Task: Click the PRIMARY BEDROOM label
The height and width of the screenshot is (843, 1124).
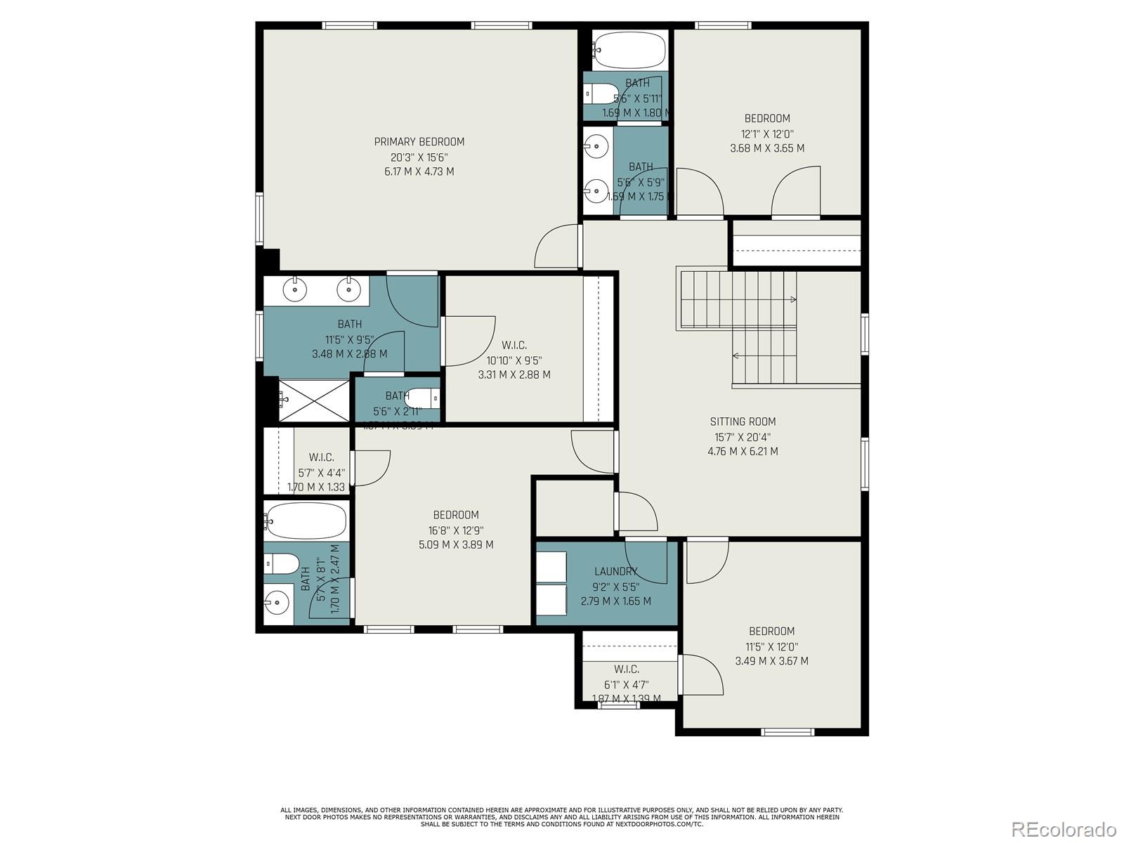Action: pos(419,142)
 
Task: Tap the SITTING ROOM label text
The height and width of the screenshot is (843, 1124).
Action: pos(743,421)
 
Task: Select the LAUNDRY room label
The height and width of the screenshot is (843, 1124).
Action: pos(615,571)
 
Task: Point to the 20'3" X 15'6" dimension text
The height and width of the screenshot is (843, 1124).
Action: pos(419,157)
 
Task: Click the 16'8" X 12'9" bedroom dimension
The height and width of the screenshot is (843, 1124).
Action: pos(455,530)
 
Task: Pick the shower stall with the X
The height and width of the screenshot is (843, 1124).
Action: pos(313,400)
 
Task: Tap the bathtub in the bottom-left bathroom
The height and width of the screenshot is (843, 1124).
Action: pos(306,521)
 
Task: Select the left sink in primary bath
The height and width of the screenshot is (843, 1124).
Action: pos(296,288)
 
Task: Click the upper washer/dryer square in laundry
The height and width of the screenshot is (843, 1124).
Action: pos(551,567)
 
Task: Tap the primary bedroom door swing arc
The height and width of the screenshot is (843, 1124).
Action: pos(556,247)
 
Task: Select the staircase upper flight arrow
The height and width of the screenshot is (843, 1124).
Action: pos(792,300)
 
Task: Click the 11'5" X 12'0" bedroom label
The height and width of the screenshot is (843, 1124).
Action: pos(771,632)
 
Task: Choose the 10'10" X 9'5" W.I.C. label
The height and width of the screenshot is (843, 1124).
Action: pos(514,346)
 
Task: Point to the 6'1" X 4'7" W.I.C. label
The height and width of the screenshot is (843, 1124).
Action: pos(626,669)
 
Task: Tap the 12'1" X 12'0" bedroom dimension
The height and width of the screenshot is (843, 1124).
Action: pos(767,133)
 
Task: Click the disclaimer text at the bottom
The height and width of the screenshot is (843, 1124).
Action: pos(561,816)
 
